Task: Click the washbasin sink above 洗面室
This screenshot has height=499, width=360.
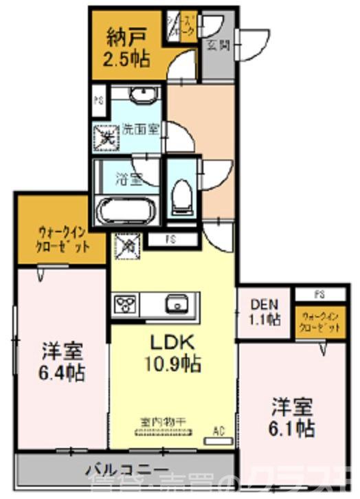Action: pyautogui.click(x=142, y=95)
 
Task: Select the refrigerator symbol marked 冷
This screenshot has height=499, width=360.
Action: pyautogui.click(x=128, y=243)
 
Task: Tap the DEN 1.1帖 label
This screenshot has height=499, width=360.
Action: pyautogui.click(x=265, y=311)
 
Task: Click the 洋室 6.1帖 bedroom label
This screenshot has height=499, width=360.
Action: pyautogui.click(x=293, y=417)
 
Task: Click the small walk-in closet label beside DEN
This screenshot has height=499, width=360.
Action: pyautogui.click(x=320, y=322)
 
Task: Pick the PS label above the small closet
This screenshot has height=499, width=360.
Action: pyautogui.click(x=319, y=294)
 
